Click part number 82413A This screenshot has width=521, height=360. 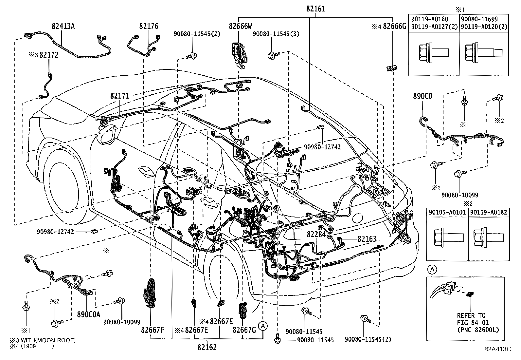63,26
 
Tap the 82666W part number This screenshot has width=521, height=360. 240,26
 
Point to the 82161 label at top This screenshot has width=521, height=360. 315,9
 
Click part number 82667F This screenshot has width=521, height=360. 153,330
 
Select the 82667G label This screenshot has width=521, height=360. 244,330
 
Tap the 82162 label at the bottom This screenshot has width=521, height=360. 207,347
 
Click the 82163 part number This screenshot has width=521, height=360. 367,239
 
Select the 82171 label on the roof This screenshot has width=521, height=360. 119,96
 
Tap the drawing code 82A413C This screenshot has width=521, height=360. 498,349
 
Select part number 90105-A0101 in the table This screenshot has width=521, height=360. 447,212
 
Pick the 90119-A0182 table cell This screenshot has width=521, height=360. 489,212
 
